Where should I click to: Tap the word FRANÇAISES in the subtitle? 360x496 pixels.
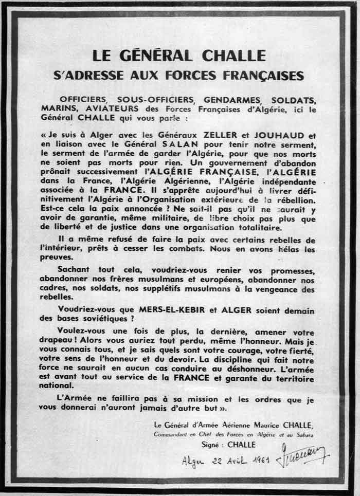point(263,75)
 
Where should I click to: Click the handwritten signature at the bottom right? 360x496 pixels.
point(309,456)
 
